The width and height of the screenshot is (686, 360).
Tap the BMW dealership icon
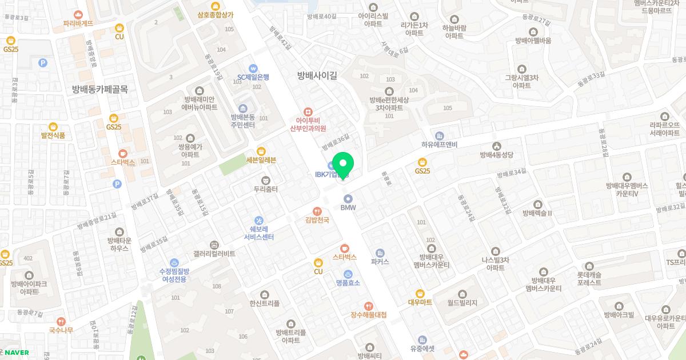pos(348,198)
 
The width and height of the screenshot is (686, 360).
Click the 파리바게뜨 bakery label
pos(78,23)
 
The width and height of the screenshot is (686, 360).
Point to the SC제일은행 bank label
pos(253,77)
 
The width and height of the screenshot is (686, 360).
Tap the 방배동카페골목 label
pos(100,89)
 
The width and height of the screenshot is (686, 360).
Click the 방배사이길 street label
pos(317,75)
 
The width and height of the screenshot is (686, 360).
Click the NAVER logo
pos(17,353)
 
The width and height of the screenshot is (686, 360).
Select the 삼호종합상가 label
pos(215,15)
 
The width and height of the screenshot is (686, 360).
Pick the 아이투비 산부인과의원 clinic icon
pos(308,111)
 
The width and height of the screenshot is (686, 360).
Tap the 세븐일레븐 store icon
pos(261,151)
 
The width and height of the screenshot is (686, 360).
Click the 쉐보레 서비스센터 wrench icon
pos(259,220)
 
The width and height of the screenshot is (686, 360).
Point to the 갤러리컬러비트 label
pos(214,253)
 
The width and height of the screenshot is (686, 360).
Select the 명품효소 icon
pos(348,274)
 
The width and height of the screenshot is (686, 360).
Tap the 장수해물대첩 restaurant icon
pos(369,306)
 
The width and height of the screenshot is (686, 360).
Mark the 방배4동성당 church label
pos(497,154)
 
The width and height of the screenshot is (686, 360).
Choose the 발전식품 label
pos(53,135)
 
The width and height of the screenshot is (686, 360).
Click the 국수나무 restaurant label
pos(61,330)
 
